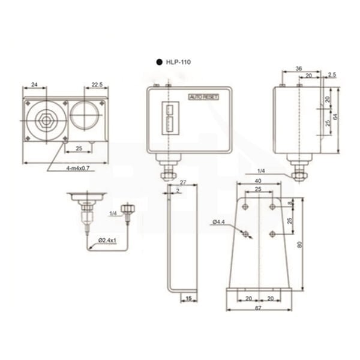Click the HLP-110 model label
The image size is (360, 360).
178,62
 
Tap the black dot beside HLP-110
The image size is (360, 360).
159,62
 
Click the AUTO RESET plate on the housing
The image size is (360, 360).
203,97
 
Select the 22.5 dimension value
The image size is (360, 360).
97,85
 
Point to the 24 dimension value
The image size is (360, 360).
34,85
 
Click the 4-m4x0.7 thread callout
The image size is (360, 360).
78,168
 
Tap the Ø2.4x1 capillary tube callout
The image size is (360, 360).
107,241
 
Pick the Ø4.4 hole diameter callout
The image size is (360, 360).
218,222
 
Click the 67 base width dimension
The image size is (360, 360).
258,308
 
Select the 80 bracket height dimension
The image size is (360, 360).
299,245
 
